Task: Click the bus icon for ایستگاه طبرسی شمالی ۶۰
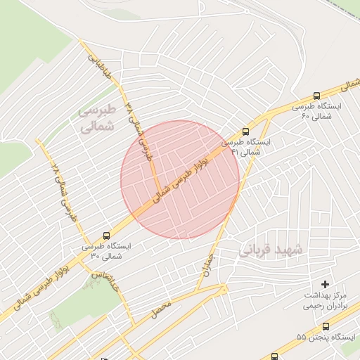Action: pos(316,96)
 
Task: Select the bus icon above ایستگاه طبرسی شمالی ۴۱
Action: pos(245,131)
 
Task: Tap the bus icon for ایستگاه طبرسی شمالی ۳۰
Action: pos(107,236)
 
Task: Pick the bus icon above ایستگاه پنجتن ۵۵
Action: pos(326,326)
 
